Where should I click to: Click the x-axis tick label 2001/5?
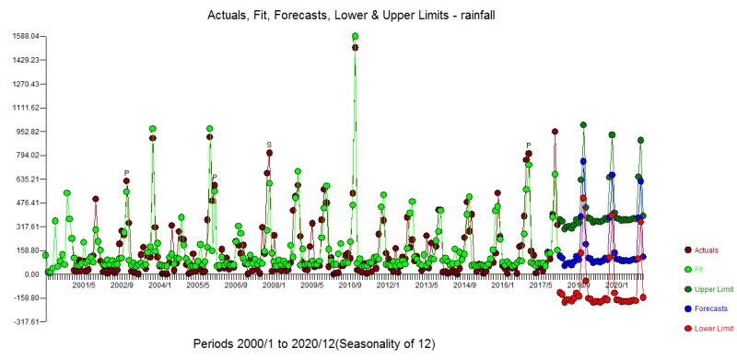pos(84,285)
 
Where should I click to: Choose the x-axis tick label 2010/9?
pos(350,285)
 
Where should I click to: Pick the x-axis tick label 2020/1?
pos(617,285)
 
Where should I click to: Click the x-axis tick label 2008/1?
pos(274,285)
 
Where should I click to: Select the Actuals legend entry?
pos(707,250)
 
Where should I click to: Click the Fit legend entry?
pos(700,269)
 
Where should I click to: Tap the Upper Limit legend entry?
pos(711,289)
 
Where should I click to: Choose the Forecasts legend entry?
pos(709,308)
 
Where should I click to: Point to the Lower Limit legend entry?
pos(711,328)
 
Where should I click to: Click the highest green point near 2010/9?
pos(355,36)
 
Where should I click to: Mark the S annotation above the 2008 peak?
pos(269,145)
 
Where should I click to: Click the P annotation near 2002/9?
pos(126,173)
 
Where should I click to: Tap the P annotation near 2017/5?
pos(529,145)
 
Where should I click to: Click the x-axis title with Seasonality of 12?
pos(313,343)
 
